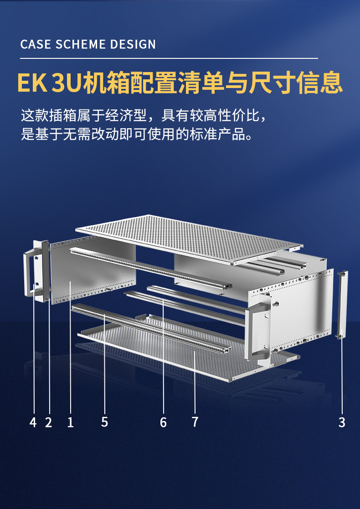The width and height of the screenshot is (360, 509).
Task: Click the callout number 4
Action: click(x=33, y=422)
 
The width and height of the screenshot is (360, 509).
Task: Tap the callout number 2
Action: click(x=48, y=422)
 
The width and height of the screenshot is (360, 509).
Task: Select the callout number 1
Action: click(x=70, y=422)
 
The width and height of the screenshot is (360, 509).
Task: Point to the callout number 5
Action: click(x=105, y=422)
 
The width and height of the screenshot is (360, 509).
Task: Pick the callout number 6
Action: click(x=163, y=422)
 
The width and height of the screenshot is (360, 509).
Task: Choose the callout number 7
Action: click(x=195, y=422)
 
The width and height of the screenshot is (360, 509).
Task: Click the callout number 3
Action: click(x=342, y=422)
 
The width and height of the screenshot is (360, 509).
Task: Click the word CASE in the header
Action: click(x=36, y=45)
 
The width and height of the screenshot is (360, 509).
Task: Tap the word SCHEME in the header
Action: click(x=81, y=45)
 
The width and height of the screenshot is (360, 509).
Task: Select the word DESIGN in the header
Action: click(x=134, y=45)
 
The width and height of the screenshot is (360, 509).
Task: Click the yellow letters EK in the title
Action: click(x=32, y=83)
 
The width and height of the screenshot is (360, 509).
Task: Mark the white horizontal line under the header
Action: click(x=169, y=58)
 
